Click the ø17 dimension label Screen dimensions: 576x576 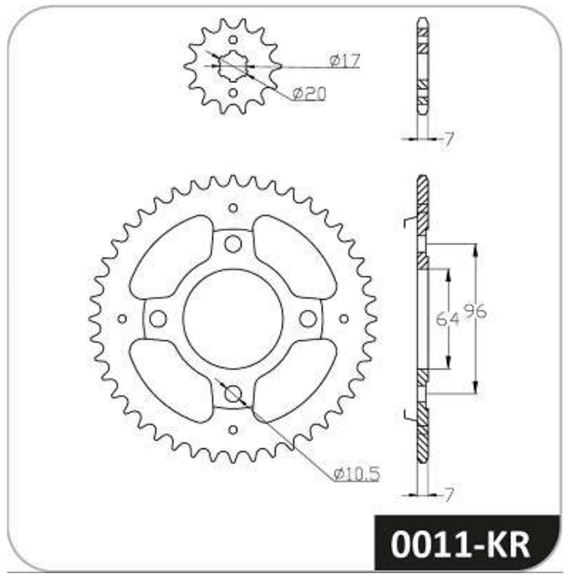click(345, 60)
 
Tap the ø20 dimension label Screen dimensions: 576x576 click(309, 94)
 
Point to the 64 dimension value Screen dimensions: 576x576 click(447, 319)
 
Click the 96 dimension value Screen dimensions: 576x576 click(475, 312)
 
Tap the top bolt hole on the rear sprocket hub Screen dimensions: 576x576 click(233, 244)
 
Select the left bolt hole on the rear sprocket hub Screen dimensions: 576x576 click(158, 319)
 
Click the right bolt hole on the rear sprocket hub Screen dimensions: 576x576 click(308, 319)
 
